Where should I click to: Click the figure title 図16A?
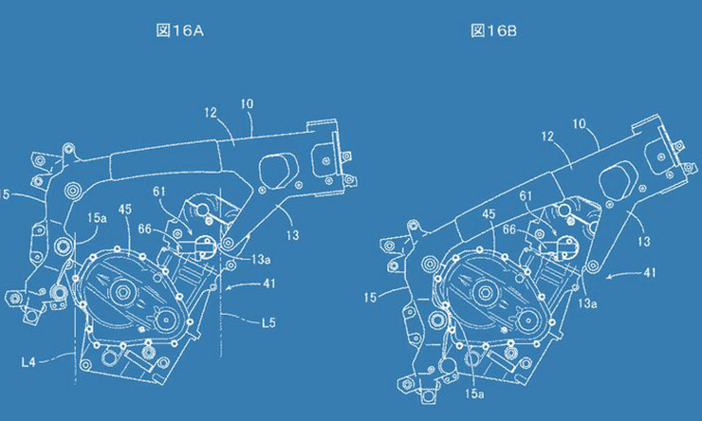click(x=179, y=30)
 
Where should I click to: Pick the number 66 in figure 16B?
click(x=510, y=229)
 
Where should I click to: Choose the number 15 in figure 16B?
click(x=372, y=298)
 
